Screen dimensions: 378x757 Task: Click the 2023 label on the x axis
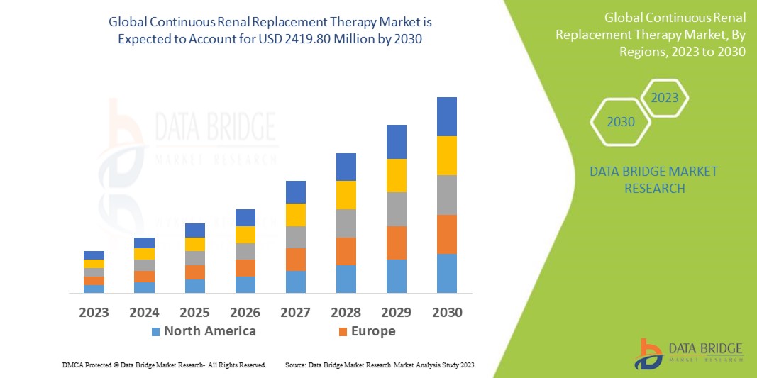94,312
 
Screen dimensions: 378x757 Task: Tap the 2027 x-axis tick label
295,312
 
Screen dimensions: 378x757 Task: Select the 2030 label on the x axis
446,312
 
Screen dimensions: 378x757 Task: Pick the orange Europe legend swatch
343,331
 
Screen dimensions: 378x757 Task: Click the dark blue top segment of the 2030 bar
446,116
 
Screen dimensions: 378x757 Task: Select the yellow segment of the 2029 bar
396,175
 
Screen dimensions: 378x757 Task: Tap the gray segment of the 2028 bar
346,223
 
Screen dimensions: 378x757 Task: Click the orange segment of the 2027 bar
295,259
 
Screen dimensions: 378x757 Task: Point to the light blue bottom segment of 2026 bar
245,284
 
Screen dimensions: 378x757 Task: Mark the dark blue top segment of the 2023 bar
94,255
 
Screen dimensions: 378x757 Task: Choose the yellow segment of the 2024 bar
144,254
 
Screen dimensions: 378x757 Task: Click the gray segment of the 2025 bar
194,258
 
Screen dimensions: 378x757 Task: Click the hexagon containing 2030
621,122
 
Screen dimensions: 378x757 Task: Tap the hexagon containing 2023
665,98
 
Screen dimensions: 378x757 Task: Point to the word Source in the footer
296,365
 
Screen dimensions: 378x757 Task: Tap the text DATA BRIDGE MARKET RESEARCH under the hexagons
653,180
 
